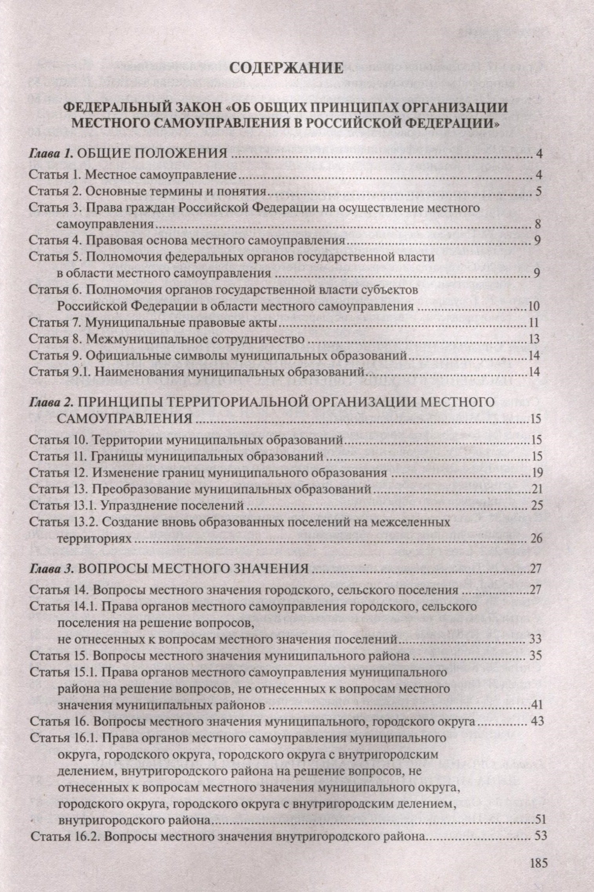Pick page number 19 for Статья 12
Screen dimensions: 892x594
pos(536,473)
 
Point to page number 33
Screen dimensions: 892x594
pos(535,639)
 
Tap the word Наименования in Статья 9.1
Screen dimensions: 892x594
pos(134,371)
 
